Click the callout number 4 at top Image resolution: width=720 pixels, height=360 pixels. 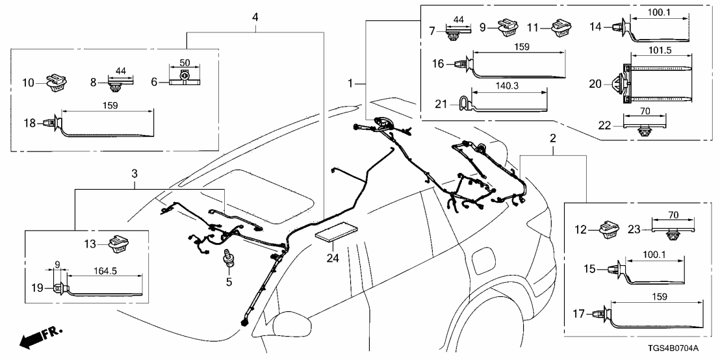(x=255, y=16)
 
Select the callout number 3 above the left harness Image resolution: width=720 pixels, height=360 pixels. (x=134, y=174)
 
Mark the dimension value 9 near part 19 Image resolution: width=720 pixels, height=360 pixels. (x=57, y=264)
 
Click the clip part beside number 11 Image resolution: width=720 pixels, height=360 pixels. (x=559, y=29)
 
